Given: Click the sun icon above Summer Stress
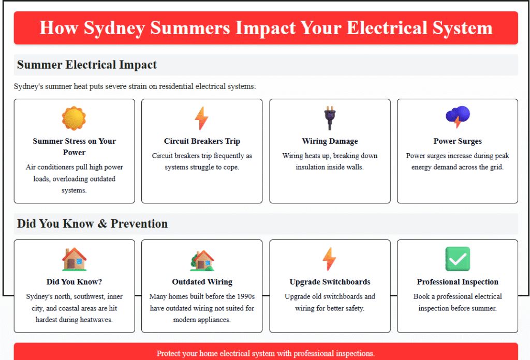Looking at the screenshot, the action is point(74,118).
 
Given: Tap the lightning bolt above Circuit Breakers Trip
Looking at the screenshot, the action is point(201,118).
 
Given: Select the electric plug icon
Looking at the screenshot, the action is point(330,118).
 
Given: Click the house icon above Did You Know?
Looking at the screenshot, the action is point(75,259).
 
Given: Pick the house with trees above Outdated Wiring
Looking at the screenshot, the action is point(202,260).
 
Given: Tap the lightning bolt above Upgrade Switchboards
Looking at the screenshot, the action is point(329,259).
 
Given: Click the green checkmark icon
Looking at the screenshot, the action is point(458,259).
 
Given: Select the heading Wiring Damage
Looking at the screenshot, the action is point(330,141).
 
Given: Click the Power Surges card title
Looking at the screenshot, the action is point(458,141).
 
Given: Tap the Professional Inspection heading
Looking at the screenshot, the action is point(458,282).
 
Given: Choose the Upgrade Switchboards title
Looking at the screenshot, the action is point(330,282).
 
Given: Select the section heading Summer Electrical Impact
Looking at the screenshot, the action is point(87,65).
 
